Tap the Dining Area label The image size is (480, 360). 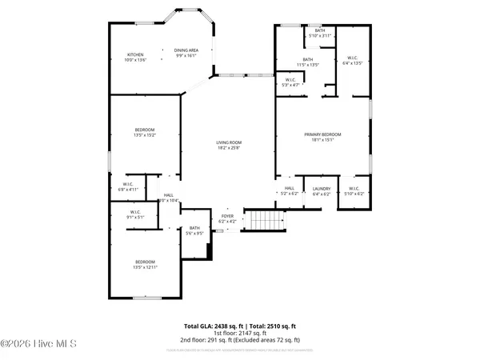pyautogui.click(x=186, y=54)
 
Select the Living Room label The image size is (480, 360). pyautogui.click(x=228, y=146)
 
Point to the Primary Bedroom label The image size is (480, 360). pyautogui.click(x=322, y=137)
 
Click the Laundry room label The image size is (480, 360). pyautogui.click(x=322, y=190)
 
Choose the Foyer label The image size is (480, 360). pyautogui.click(x=228, y=218)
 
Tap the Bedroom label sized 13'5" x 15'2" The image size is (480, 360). pyautogui.click(x=145, y=132)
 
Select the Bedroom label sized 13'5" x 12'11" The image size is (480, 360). pyautogui.click(x=145, y=265)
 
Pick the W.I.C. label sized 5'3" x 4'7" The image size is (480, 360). pyautogui.click(x=291, y=82)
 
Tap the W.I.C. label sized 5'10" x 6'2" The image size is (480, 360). pyautogui.click(x=353, y=190)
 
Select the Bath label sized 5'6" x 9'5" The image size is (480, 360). pyautogui.click(x=195, y=230)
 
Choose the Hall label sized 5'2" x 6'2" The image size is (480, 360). pyautogui.click(x=289, y=190)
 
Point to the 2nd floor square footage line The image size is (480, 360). pyautogui.click(x=240, y=341)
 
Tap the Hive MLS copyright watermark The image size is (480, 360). pyautogui.click(x=38, y=346)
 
